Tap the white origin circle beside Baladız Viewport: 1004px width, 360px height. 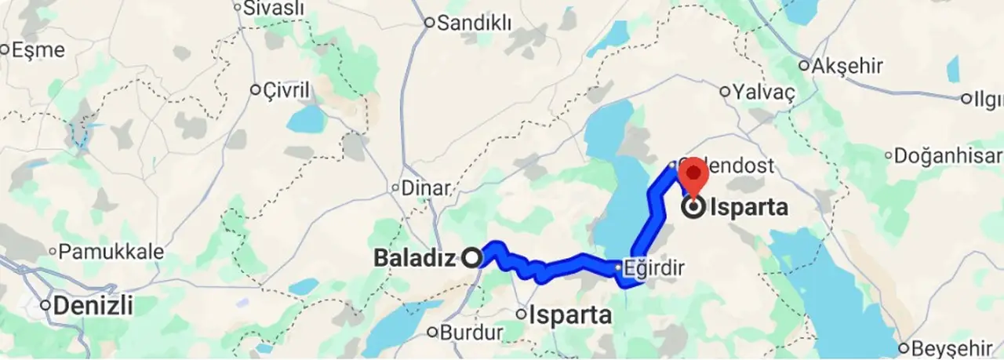(472, 257)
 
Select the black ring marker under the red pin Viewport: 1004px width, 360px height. (693, 209)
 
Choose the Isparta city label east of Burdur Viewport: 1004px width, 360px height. (570, 315)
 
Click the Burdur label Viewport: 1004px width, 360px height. (471, 333)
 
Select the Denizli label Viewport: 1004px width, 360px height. (93, 305)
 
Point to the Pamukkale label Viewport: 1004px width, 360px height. (111, 253)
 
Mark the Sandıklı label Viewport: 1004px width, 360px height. (474, 23)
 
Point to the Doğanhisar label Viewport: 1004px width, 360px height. (949, 155)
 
